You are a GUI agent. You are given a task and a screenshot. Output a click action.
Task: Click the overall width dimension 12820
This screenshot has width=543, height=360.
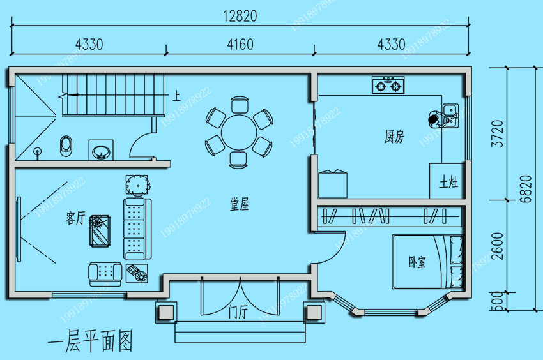(240, 16)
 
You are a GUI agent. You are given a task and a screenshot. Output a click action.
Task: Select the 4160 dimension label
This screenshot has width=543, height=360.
(240, 44)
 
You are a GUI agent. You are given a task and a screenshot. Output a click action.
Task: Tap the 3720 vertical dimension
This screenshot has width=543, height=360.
(497, 133)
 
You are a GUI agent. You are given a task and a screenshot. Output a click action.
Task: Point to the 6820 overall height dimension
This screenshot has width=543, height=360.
(525, 189)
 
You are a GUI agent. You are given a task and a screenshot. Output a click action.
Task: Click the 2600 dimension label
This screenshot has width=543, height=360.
(497, 246)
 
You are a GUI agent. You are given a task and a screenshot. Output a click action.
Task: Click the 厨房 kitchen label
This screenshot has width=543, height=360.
(394, 137)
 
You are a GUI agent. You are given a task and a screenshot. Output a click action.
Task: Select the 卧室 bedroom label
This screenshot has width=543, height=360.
(417, 262)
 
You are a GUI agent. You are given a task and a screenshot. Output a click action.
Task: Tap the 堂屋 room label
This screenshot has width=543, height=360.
(240, 204)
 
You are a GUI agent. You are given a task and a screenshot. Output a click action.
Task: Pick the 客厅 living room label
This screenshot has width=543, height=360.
(75, 218)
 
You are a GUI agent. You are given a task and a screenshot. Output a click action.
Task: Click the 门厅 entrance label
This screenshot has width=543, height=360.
(238, 312)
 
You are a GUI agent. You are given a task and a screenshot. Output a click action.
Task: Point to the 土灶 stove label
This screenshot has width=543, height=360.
(448, 182)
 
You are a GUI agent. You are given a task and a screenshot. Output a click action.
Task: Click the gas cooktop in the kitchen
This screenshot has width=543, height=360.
(388, 85)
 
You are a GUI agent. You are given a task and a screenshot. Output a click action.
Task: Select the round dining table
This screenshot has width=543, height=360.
(239, 133)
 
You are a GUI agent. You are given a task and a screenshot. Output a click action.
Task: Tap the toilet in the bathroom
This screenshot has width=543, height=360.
(66, 146)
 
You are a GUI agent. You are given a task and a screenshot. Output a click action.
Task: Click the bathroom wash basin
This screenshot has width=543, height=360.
(101, 151)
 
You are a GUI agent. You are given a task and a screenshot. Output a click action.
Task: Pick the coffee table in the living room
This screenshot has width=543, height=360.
(100, 231)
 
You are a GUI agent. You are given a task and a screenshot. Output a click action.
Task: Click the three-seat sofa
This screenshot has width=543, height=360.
(137, 229)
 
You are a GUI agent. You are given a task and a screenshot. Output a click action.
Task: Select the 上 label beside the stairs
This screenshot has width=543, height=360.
(176, 96)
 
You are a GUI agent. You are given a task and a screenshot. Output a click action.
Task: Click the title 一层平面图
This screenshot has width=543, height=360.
(90, 341)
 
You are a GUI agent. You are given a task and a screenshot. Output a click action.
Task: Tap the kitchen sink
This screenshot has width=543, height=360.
(450, 116)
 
